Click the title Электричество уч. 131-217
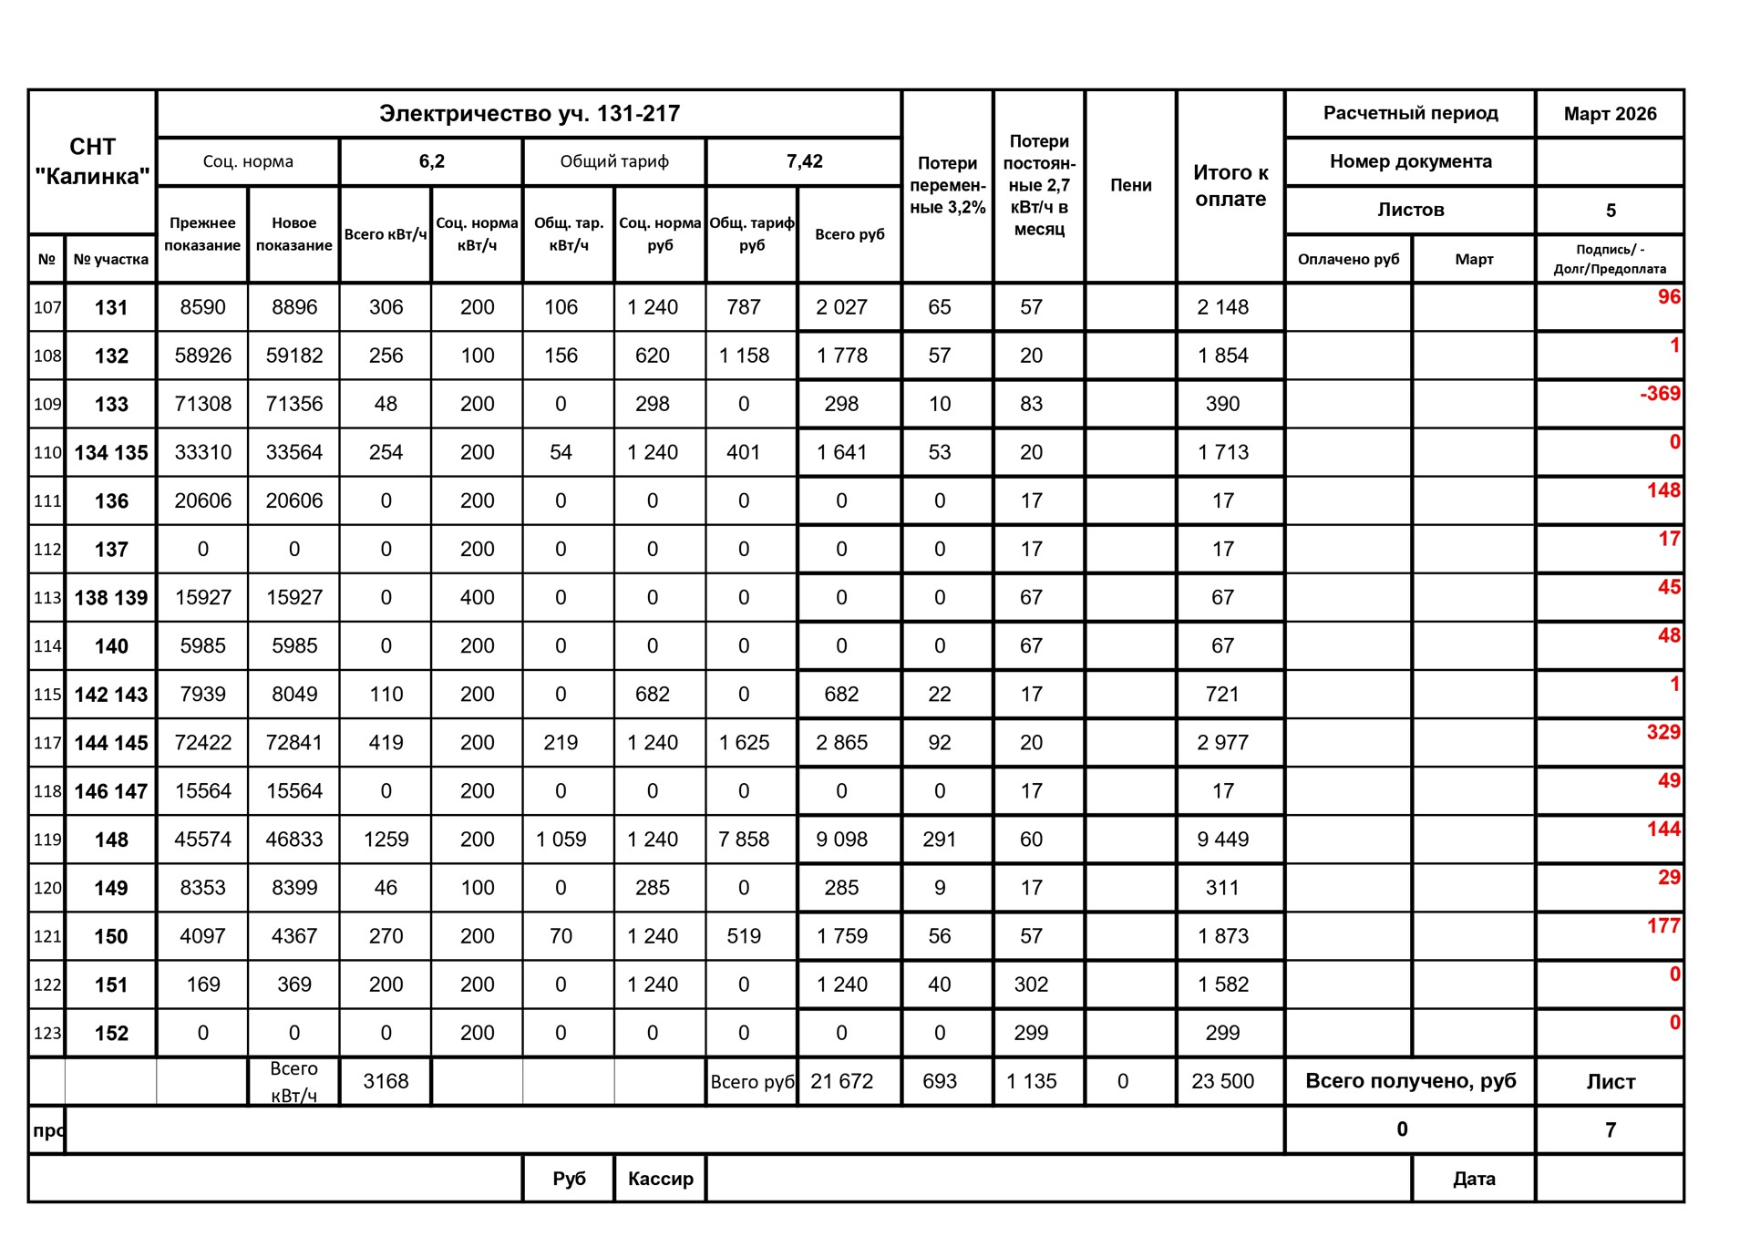coord(529,114)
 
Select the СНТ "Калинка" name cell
coord(92,161)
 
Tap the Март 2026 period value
coord(1610,114)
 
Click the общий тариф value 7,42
coord(804,161)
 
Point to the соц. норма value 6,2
coord(431,161)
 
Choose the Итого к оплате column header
coord(1230,185)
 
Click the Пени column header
coord(1130,185)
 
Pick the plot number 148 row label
coord(111,840)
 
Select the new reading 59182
coord(293,356)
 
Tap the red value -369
coord(1659,394)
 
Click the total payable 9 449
coord(1222,840)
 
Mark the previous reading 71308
coord(202,404)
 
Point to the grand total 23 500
coord(1222,1081)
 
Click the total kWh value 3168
coord(386,1081)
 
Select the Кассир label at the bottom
coord(660,1179)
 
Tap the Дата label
coord(1473,1179)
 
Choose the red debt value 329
coord(1662,732)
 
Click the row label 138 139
coord(111,598)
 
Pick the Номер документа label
coord(1410,161)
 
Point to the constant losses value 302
coord(1031,984)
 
